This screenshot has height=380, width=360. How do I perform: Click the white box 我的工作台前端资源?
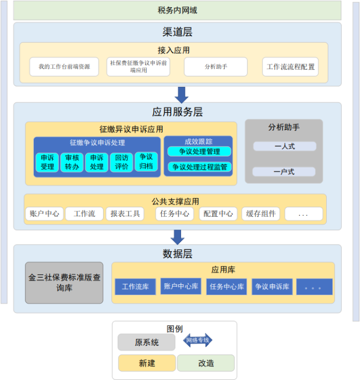[64, 66]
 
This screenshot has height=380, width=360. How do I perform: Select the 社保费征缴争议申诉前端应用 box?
[138, 66]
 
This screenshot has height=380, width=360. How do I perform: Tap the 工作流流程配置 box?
[290, 66]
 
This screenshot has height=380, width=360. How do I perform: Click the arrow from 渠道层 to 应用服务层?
[182, 95]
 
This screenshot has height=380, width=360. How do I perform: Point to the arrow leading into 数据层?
[178, 237]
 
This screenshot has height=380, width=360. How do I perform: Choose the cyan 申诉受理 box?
[47, 163]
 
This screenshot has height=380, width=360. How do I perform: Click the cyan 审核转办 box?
[72, 163]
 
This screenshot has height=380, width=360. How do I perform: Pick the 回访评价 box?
[121, 163]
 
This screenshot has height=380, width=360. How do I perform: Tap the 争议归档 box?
[146, 162]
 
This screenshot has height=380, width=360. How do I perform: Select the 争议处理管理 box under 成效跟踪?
[199, 152]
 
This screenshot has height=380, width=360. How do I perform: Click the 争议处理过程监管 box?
[199, 166]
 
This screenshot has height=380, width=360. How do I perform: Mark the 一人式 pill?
[285, 147]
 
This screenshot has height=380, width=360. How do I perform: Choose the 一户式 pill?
[284, 172]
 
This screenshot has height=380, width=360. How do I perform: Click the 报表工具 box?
[125, 214]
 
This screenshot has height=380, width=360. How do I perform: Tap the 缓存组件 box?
[261, 214]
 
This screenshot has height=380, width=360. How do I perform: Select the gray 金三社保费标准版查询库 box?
[64, 283]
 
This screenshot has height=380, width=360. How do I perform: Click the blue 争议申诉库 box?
[272, 287]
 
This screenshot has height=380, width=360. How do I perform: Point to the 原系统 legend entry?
[147, 342]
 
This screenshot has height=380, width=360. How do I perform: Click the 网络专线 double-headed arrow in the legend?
[198, 340]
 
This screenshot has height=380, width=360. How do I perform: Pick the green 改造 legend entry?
[206, 363]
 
